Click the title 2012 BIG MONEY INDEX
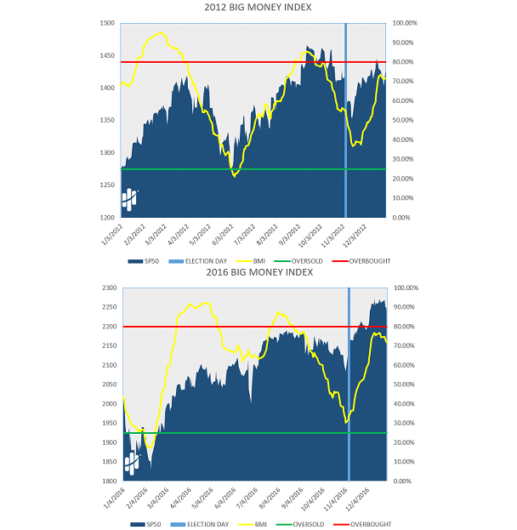point(258,7)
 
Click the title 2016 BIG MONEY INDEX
point(258,272)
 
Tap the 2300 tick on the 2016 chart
point(108,288)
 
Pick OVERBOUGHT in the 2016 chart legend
point(371,525)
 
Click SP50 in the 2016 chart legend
point(153,525)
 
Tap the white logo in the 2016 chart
point(133,463)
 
